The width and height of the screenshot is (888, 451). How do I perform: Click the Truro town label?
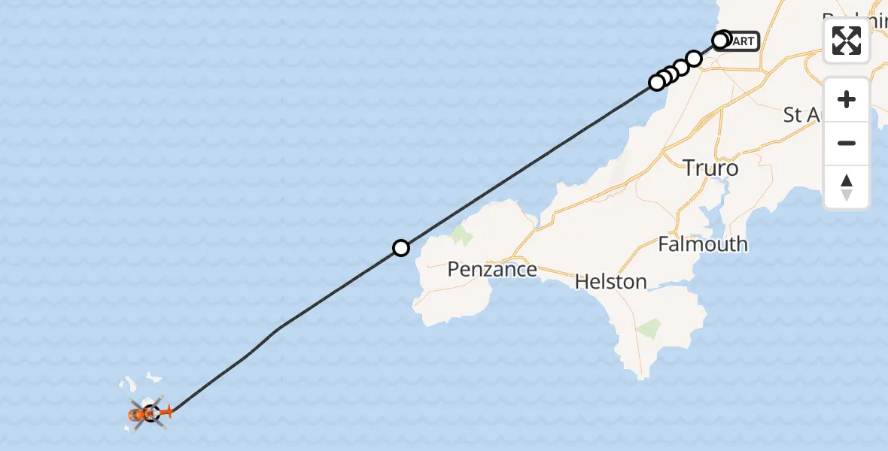[x=710, y=168]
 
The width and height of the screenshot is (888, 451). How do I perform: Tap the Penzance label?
[x=492, y=269]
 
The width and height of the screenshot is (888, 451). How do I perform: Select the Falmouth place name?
[x=703, y=244]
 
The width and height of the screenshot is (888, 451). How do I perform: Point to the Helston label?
[x=610, y=282]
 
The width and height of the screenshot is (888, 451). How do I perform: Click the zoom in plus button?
[x=847, y=100]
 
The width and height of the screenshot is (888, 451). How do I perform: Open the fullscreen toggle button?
[x=847, y=41]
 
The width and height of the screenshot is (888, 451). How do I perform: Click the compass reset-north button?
[x=847, y=187]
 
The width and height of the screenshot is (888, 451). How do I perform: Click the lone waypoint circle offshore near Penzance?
[x=401, y=248]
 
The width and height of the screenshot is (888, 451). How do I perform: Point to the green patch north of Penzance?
[x=461, y=237]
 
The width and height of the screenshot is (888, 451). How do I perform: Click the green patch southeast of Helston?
[x=649, y=328]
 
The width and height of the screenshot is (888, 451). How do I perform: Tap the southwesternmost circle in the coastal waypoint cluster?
[x=657, y=83]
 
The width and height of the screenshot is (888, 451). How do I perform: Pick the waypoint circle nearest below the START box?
[x=694, y=59]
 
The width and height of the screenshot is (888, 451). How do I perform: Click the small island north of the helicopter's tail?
[x=154, y=376]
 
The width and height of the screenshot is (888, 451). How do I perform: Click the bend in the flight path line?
[x=279, y=328]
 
